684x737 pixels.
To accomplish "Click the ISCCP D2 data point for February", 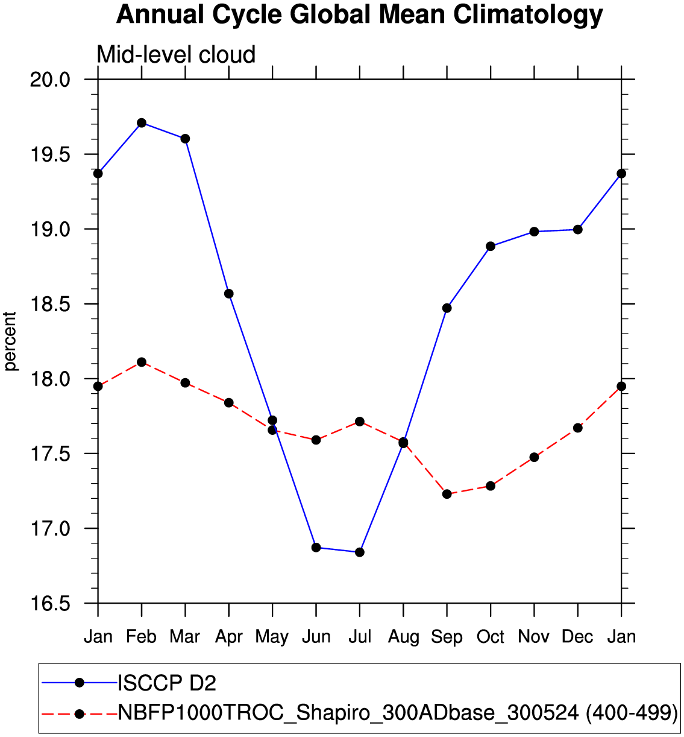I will pos(142,123).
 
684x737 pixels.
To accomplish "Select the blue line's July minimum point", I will pos(360,552).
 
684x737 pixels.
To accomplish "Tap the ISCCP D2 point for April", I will pos(229,294).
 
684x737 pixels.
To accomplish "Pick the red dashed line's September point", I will pos(447,494).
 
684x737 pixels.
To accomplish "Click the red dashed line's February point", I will pos(142,362).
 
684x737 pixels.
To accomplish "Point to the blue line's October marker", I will pos(491,246).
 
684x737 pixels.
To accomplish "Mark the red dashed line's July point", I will pos(360,422).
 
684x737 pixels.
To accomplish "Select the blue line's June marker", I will pos(316,548).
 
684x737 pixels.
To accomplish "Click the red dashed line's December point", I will pos(578,428).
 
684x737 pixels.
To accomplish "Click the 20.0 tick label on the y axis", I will pos(50,80).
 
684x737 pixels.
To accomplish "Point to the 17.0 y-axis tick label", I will pos(50,529).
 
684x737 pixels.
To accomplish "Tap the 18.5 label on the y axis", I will pos(50,305).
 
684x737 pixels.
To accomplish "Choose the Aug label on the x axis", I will pos(403,637).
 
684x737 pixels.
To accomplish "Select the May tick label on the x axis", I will pos(272,637).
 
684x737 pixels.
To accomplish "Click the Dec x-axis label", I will pos(577,637).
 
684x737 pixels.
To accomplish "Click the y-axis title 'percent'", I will pos(11,341).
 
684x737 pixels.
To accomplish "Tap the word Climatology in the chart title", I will pos(528,14).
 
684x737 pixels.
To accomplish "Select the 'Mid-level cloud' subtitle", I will pos(176,55).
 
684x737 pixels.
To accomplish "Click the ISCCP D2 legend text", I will pos(167,683).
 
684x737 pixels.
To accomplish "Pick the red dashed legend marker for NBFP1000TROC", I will pos(79,713).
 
